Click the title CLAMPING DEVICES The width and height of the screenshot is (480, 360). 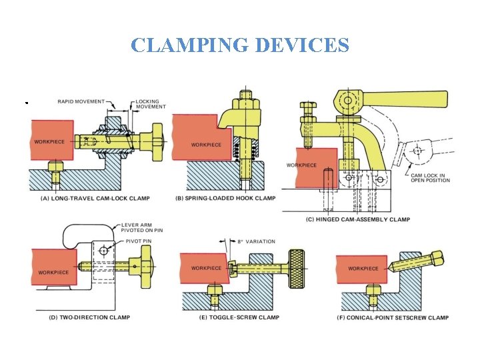(x=240, y=45)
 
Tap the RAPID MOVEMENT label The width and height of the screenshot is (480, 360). (x=81, y=101)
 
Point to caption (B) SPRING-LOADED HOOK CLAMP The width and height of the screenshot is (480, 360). (x=225, y=198)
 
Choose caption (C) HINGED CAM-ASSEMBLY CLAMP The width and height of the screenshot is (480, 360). (x=358, y=219)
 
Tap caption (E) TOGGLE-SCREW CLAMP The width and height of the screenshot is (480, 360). (x=230, y=318)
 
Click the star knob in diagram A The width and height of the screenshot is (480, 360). (x=158, y=137)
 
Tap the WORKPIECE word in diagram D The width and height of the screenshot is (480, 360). (x=53, y=273)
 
